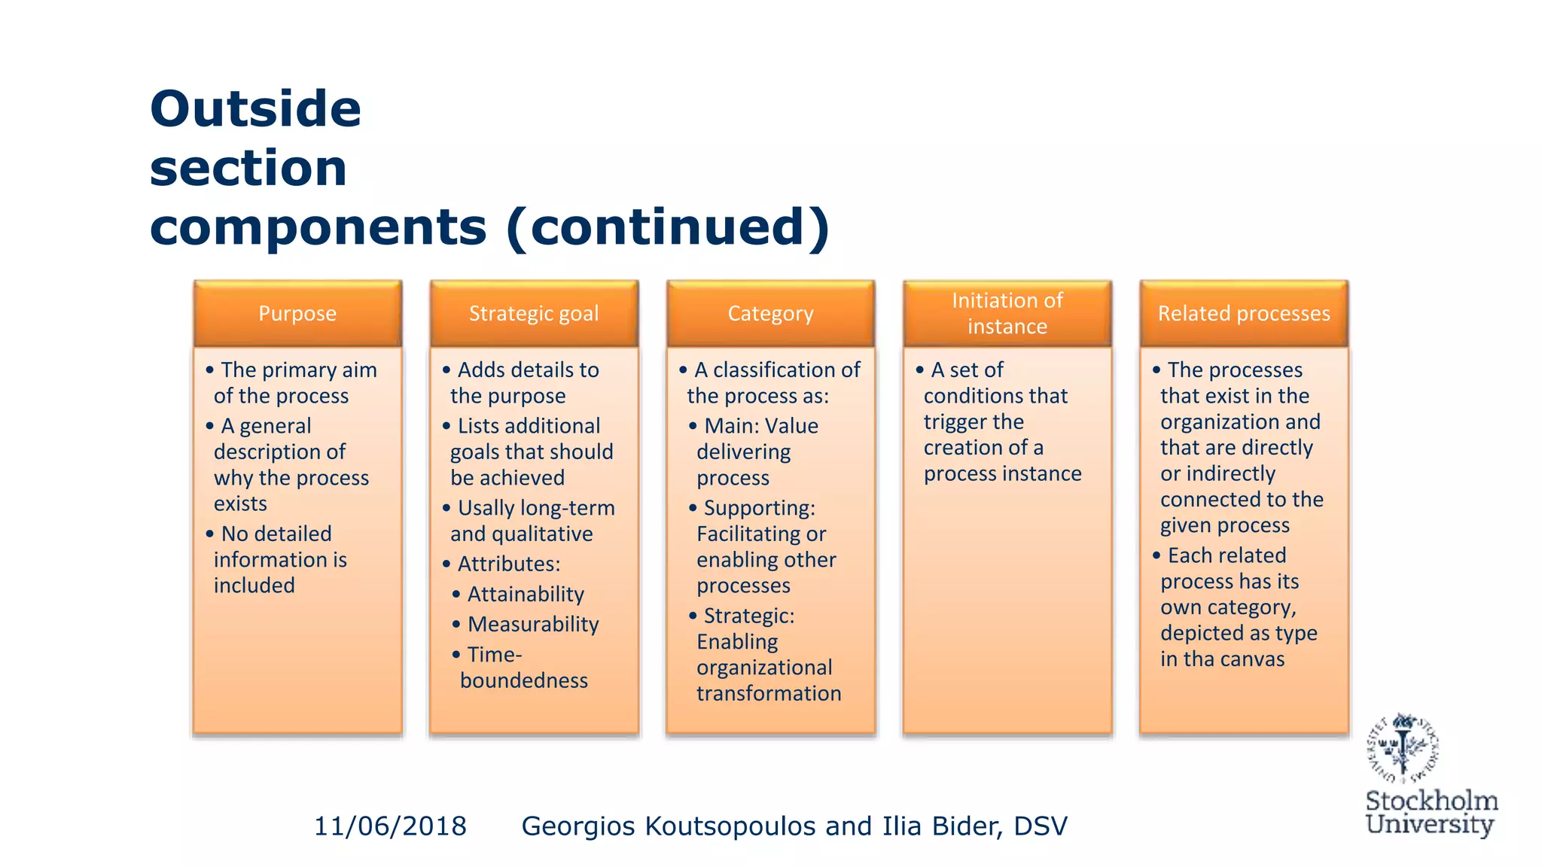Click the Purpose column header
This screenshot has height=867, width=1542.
point(297,313)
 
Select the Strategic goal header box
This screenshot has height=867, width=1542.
point(534,313)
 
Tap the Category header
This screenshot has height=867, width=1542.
point(770,313)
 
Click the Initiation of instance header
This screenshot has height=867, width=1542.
point(1007,313)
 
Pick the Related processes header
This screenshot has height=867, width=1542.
point(1244,313)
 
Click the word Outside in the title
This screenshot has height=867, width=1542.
point(255,108)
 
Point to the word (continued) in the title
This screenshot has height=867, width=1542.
point(668,227)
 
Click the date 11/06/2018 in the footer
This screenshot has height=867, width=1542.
point(390,826)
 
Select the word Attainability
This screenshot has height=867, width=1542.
point(526,595)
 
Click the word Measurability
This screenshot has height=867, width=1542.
point(533,625)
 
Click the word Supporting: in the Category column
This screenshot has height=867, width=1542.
point(759,509)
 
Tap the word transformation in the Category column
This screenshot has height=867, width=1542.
point(769,693)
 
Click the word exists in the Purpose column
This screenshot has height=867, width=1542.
point(240,503)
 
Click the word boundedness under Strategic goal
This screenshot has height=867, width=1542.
point(524,680)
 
